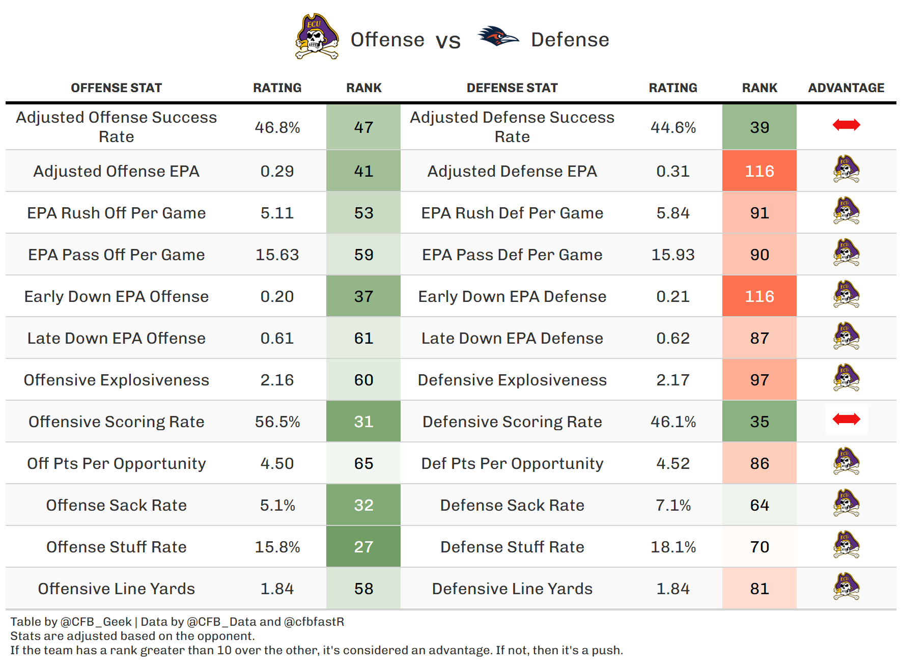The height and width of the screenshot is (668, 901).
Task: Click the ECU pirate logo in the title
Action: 317,37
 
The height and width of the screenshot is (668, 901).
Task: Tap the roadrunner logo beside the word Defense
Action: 498,37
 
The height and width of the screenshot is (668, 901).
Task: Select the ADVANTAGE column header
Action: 846,88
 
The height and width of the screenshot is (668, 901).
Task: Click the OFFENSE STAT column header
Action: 116,88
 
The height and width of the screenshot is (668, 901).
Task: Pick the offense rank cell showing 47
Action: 363,127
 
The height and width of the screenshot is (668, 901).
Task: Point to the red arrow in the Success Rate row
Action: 846,125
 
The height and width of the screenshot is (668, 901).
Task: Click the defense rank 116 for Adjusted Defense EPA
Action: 759,171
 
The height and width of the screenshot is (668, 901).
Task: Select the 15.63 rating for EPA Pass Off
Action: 277,255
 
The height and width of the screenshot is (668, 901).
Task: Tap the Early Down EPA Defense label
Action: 512,296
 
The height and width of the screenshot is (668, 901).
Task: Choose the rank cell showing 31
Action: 363,422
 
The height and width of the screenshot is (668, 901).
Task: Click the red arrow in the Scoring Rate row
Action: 846,419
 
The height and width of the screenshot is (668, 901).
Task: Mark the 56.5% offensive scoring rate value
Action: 277,422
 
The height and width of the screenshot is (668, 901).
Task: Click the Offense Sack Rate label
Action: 116,505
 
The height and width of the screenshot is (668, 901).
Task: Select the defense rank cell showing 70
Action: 759,547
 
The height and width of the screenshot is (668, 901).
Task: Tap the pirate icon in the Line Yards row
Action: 846,587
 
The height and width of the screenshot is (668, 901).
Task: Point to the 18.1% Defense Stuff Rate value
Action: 673,547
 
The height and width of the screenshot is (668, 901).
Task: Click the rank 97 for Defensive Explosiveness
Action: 759,380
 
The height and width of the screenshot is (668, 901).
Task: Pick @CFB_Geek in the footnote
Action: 96,622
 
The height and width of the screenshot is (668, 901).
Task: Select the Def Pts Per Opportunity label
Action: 512,463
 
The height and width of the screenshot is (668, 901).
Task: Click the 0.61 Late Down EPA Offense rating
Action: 277,338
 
